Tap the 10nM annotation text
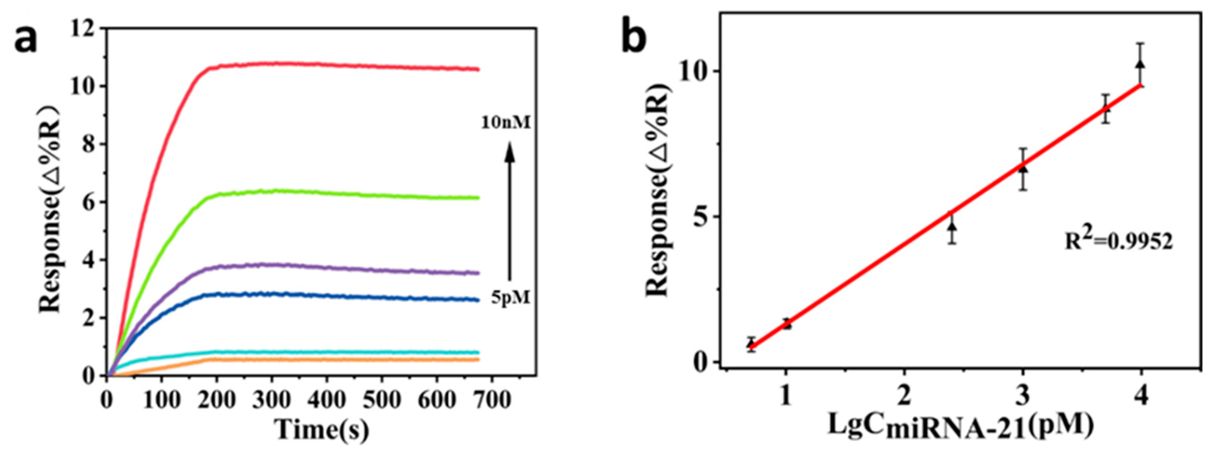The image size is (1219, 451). click(x=506, y=124)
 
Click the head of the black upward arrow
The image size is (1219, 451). click(x=509, y=153)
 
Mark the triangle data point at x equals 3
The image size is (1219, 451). click(x=1022, y=169)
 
